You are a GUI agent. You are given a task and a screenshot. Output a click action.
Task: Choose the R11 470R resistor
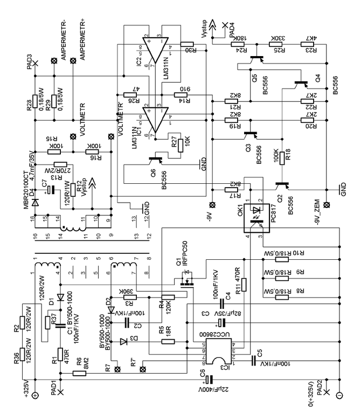pos(244,282)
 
